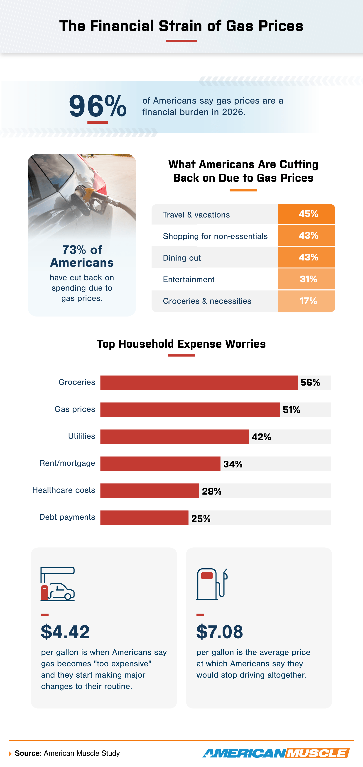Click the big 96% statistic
[x=98, y=106]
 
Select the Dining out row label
[x=181, y=258]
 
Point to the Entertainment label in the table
[x=188, y=279]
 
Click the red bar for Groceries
[x=199, y=383]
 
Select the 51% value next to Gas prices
[x=291, y=410]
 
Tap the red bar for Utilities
[x=174, y=437]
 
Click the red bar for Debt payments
[x=144, y=518]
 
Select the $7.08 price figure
[x=220, y=632]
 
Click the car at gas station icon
[x=58, y=584]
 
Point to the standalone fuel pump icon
[x=211, y=584]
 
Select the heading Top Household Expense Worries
[x=181, y=344]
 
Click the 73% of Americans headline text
[x=82, y=256]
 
